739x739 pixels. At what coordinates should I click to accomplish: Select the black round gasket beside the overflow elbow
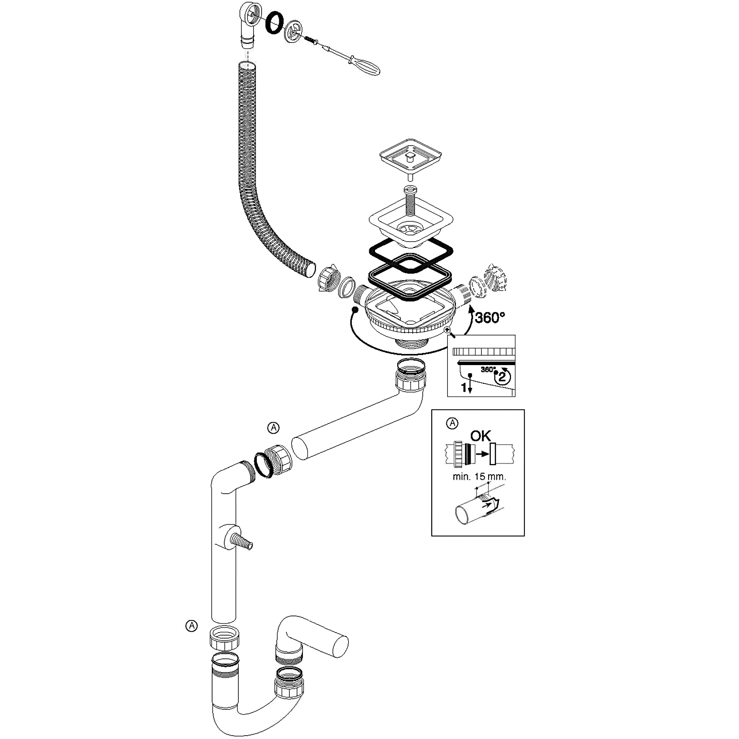(274, 23)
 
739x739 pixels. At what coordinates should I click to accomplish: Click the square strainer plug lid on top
(411, 155)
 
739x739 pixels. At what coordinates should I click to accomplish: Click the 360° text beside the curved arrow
(490, 317)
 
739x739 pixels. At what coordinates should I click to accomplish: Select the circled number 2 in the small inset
(502, 377)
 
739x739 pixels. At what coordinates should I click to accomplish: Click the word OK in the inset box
(480, 436)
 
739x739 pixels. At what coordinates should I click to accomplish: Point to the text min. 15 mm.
(479, 477)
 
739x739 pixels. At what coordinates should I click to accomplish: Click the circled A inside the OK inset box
(452, 423)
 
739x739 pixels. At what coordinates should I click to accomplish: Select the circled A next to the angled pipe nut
(273, 428)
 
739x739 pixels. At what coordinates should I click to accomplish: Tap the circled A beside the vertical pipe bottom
(191, 637)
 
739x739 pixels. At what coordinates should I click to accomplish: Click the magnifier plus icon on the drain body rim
(447, 330)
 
